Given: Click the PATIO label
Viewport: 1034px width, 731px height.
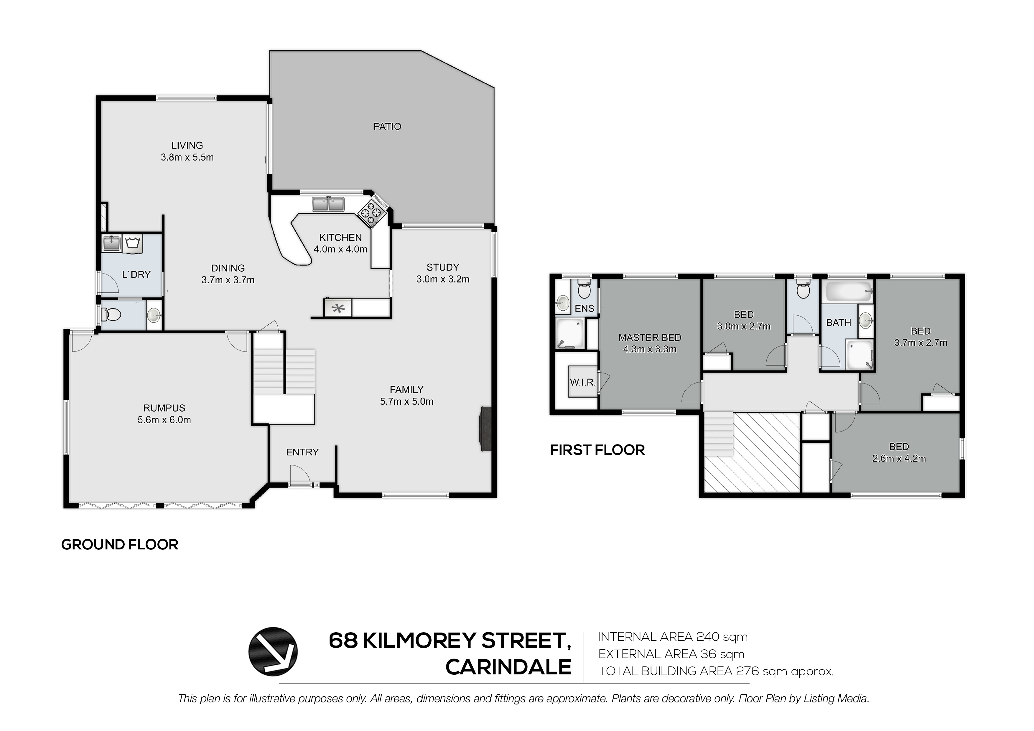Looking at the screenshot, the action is [x=387, y=126].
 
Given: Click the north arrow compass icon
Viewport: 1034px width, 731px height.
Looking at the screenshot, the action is [x=273, y=651].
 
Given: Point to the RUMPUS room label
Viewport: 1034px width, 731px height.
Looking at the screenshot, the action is [x=164, y=408].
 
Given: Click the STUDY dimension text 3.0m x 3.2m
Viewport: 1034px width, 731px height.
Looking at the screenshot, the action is [x=443, y=279].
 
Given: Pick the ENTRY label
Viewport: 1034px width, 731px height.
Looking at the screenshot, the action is [x=302, y=452].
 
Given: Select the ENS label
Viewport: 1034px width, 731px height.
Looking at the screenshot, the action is [x=584, y=309].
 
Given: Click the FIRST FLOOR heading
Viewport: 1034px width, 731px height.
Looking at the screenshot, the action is [x=597, y=450].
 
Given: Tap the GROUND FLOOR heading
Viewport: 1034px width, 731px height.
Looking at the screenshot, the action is [x=120, y=544].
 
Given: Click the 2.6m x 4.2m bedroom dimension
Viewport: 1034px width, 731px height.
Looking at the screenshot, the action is [x=899, y=459].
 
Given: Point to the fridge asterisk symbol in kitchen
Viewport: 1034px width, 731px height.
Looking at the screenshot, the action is [x=338, y=309].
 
